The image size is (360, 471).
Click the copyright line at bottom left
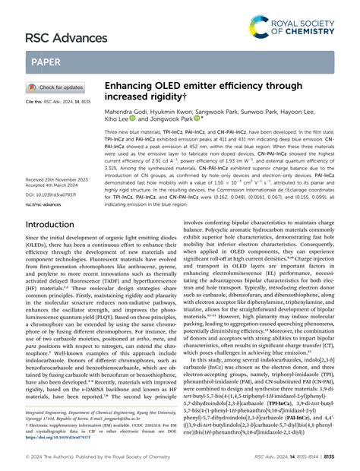click(114, 457)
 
